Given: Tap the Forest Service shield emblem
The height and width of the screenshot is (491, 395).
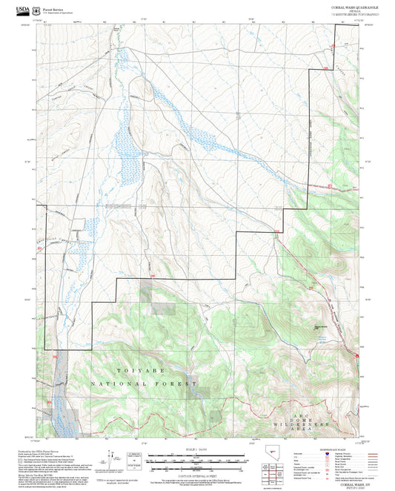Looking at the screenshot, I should point(37,9).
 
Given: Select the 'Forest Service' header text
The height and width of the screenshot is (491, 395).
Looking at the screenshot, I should point(53,7).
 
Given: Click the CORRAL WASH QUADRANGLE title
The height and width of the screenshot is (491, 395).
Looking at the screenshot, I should point(353,6).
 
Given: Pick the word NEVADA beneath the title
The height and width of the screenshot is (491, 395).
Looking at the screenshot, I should point(353,10).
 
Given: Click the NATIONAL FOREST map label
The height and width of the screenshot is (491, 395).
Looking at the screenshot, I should point(144,384).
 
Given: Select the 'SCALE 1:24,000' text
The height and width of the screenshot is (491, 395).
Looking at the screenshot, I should point(197,449).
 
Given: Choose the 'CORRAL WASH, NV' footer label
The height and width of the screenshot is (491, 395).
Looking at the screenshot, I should point(348,482).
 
